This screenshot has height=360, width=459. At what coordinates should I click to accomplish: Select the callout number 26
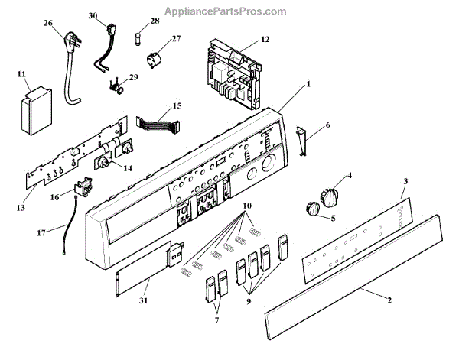[48, 24]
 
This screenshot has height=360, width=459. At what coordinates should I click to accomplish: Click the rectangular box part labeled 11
[34, 112]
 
